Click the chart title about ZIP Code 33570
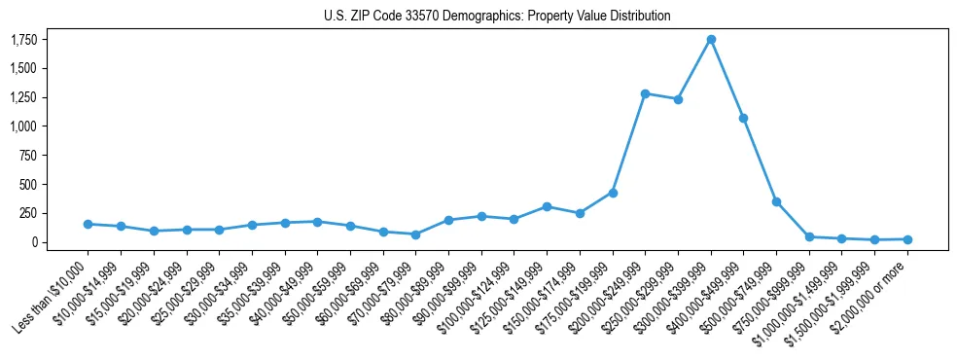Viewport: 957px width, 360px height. (x=497, y=16)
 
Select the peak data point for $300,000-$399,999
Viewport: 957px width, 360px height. (x=711, y=39)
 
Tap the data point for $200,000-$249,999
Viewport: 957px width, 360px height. (x=646, y=93)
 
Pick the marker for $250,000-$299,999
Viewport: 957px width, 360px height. (x=678, y=99)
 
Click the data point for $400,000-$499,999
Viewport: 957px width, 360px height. (x=743, y=118)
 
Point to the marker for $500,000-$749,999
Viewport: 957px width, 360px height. (x=776, y=201)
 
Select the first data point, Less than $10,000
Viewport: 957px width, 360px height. (x=89, y=224)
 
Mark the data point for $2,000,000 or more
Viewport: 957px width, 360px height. (x=907, y=238)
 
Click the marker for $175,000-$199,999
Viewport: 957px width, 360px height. (x=613, y=193)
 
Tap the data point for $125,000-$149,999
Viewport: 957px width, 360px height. (x=547, y=206)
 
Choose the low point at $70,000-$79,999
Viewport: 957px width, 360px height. (x=415, y=234)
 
